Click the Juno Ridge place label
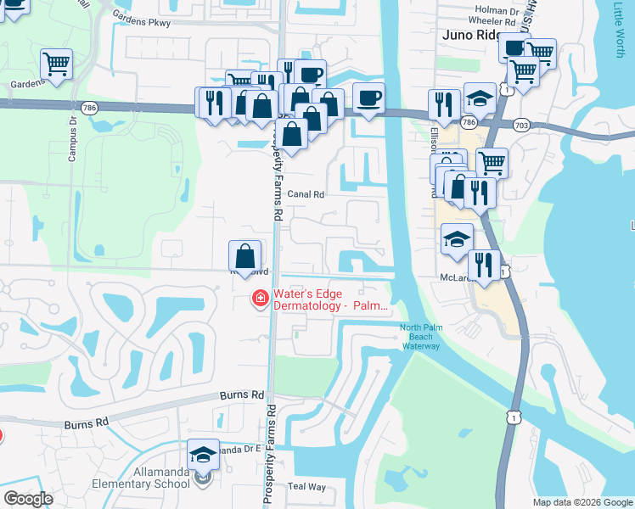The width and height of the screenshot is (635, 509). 470,36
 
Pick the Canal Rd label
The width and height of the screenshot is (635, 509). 306,194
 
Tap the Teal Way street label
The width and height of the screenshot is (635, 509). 306,486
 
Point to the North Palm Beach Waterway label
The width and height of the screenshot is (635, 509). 417,337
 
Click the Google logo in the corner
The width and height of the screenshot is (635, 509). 28,499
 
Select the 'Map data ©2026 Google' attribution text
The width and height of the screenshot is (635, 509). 582,502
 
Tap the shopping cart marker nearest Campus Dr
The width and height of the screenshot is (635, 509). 56,64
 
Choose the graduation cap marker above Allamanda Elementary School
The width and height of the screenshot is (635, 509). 203,455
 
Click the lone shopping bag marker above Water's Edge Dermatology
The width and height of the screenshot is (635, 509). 244,256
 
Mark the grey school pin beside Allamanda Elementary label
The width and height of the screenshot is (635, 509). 202,478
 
